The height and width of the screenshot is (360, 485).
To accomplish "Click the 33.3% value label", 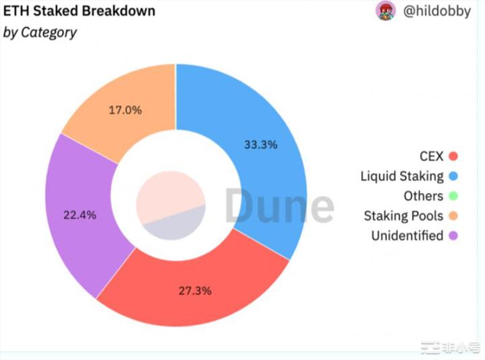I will point(260,144).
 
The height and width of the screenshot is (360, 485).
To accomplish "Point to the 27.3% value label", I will point(195,291).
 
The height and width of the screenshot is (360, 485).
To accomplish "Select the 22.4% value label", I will point(80,215).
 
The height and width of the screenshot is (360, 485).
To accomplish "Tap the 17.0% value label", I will point(125,109).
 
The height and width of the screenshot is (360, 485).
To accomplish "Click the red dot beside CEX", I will point(453,156).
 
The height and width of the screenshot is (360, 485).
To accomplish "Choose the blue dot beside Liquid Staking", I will point(453,177).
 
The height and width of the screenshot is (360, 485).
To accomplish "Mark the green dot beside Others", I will point(453,196).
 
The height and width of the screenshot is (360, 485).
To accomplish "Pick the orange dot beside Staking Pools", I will point(453,216).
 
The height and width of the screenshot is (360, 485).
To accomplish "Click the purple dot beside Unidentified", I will point(453,236).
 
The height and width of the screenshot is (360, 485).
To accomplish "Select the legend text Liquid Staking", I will point(401,177).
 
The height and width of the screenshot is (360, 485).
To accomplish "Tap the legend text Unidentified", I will point(407,236).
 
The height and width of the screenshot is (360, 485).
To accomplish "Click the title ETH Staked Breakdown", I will point(80,11).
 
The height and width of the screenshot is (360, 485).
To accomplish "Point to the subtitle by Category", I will point(40,32).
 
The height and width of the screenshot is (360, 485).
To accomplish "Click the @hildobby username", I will point(437,11).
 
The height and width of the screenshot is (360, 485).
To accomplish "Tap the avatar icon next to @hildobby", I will point(386,11).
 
